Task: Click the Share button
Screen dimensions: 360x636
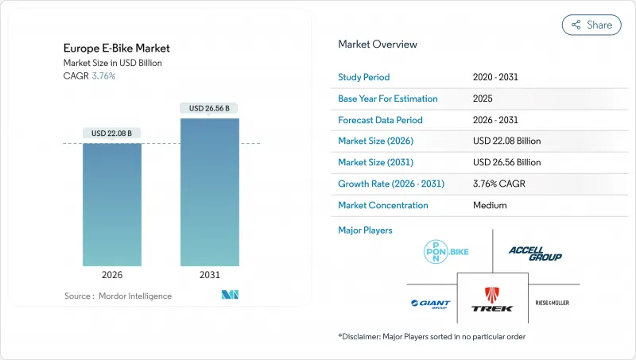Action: (x=591, y=25)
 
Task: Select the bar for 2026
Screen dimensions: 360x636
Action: (x=112, y=204)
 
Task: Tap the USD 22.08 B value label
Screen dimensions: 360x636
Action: (x=112, y=133)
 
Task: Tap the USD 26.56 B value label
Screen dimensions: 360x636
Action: (x=210, y=108)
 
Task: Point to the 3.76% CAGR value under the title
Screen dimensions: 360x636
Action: (x=103, y=76)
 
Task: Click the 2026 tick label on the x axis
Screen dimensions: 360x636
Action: (x=112, y=275)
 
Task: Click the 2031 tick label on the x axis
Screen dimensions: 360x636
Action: (x=210, y=275)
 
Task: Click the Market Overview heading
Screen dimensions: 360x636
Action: (x=377, y=45)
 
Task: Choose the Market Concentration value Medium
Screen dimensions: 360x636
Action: (x=489, y=205)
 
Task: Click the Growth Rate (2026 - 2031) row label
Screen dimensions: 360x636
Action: (x=390, y=184)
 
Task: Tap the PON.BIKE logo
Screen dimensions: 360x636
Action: (x=445, y=253)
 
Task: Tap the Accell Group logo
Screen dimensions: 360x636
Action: (x=535, y=254)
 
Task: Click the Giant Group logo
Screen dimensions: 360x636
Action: (x=430, y=303)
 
